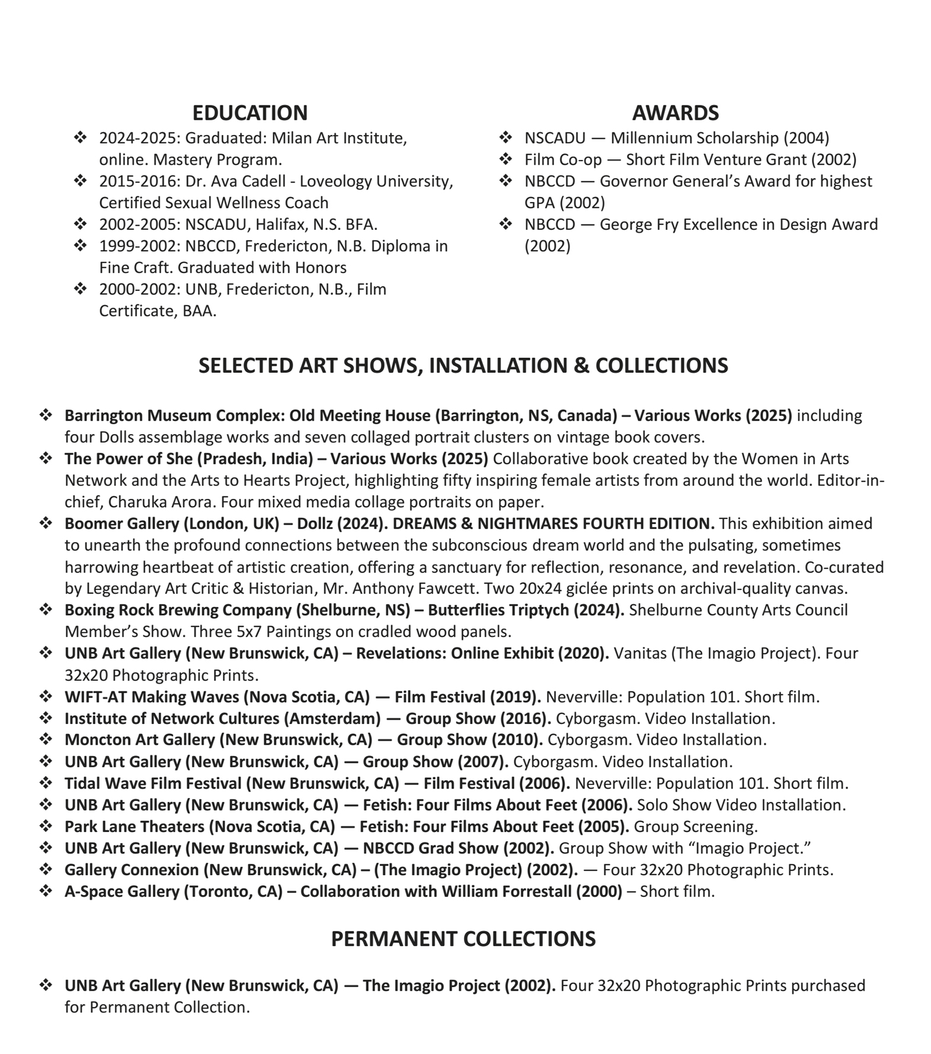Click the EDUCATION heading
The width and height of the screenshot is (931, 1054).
pyautogui.click(x=249, y=113)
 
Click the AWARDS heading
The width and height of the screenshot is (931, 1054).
pyautogui.click(x=675, y=113)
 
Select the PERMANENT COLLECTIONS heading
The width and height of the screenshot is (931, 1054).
pyautogui.click(x=463, y=938)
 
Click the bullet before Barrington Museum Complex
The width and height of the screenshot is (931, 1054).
pyautogui.click(x=46, y=415)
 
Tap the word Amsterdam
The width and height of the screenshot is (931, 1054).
pyautogui.click(x=332, y=719)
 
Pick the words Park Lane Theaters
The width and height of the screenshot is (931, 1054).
pyautogui.click(x=134, y=826)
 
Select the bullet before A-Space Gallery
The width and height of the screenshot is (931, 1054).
pyautogui.click(x=46, y=892)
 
